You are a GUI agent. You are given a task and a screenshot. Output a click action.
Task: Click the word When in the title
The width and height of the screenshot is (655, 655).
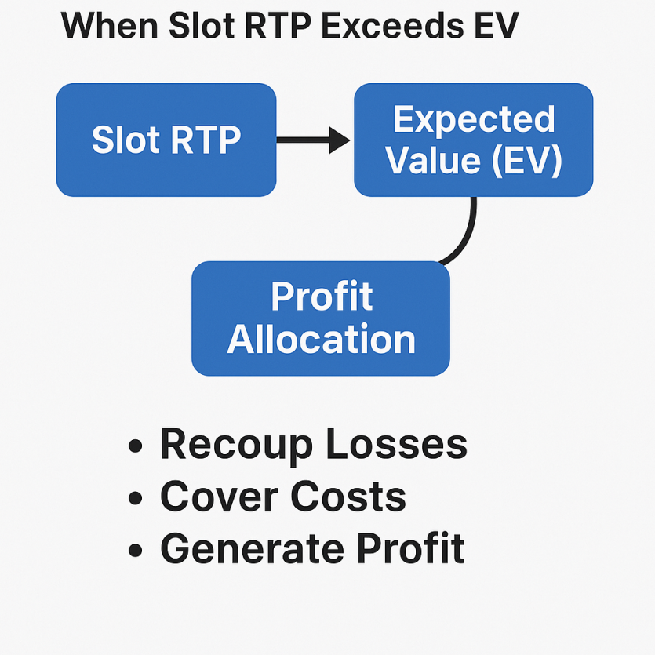click(110, 25)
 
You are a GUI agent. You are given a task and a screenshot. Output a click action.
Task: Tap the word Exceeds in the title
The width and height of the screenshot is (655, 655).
click(393, 25)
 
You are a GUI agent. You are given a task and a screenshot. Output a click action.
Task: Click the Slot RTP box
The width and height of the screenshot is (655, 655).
click(166, 140)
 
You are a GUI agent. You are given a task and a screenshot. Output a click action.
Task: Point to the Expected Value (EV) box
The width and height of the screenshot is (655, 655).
click(473, 140)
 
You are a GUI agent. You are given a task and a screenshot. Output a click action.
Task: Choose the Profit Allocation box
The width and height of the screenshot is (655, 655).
click(320, 318)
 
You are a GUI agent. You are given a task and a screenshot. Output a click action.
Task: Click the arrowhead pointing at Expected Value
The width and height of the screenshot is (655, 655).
click(339, 140)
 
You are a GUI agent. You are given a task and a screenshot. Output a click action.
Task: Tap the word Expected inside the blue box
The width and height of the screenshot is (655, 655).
click(474, 119)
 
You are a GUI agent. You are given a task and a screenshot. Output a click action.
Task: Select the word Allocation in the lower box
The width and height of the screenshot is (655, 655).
click(321, 339)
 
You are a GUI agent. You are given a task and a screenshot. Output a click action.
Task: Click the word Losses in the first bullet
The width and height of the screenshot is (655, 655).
click(396, 444)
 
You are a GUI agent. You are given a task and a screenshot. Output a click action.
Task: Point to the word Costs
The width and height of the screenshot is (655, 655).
click(348, 497)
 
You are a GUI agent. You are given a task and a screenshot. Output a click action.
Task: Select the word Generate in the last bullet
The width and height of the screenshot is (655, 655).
click(253, 548)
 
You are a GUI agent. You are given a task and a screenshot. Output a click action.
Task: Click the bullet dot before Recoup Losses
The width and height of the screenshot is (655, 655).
click(136, 446)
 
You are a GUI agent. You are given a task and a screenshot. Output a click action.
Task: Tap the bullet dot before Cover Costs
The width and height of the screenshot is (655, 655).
click(136, 498)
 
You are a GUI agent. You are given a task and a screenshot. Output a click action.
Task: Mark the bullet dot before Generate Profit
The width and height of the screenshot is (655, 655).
click(136, 550)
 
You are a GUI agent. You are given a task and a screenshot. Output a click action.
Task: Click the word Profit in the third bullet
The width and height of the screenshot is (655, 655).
click(410, 548)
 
